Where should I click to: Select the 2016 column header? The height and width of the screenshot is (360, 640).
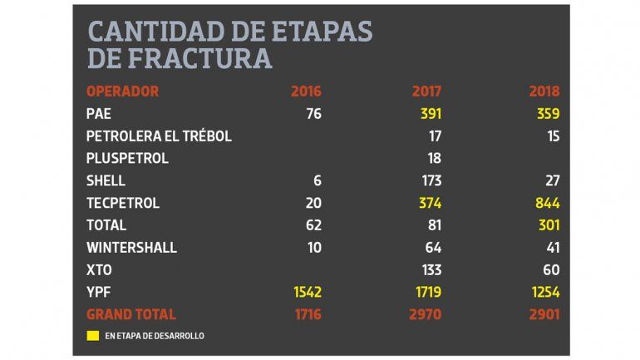point(306,91)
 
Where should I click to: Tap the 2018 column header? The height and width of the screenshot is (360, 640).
point(544,91)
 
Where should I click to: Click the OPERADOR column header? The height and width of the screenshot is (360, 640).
point(122,91)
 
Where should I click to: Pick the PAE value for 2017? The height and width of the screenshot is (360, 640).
point(426,113)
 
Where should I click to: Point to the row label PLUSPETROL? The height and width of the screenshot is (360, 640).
point(127,158)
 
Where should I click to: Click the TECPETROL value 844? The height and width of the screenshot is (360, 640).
point(544,203)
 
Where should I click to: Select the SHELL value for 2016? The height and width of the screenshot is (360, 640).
point(317,180)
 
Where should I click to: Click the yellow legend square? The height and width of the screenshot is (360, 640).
point(93,336)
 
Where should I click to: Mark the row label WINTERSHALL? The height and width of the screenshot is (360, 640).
point(131,247)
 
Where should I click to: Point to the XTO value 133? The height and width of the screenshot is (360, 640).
point(426,269)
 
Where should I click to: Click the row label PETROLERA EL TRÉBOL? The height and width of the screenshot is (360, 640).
point(159,136)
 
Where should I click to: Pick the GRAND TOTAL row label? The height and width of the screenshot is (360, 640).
point(131,314)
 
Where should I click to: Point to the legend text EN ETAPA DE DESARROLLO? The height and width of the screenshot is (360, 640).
point(155,336)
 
